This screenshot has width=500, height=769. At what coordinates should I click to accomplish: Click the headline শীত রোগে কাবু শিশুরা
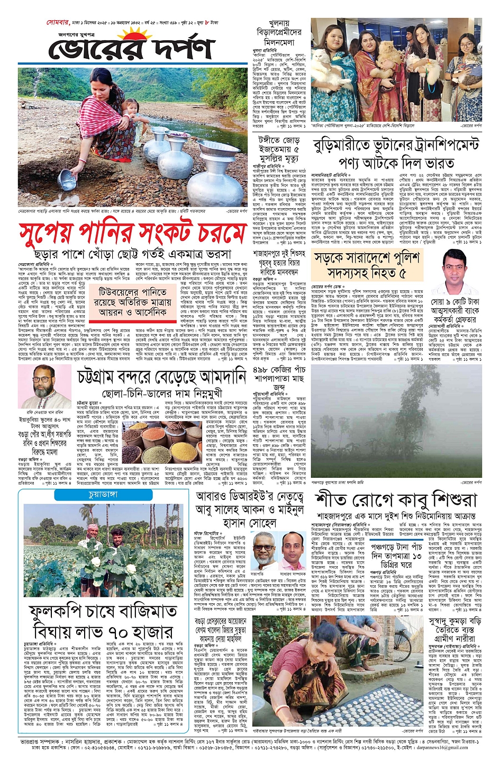tap(396, 500)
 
